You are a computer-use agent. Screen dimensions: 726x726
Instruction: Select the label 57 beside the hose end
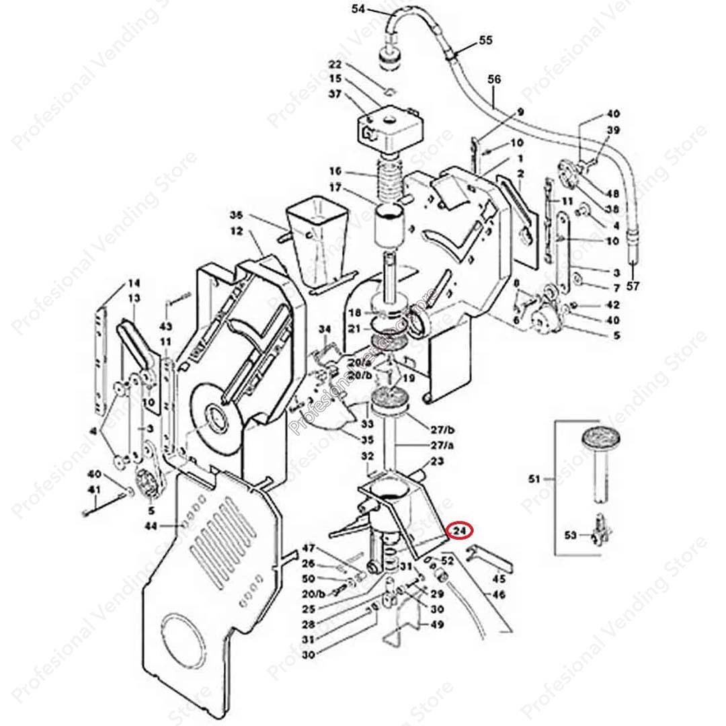point(633,286)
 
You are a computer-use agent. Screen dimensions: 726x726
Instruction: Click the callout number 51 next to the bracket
point(534,479)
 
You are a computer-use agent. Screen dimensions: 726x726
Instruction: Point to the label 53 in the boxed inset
point(570,535)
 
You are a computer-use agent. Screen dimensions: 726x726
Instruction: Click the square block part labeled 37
point(390,128)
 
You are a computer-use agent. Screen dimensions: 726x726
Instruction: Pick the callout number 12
point(235,230)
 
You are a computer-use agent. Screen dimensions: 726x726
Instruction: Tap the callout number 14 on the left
point(134,283)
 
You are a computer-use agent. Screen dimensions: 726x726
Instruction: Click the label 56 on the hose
point(494,79)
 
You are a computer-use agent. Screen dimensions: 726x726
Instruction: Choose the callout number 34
point(325,329)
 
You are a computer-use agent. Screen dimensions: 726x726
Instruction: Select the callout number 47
point(308,548)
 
